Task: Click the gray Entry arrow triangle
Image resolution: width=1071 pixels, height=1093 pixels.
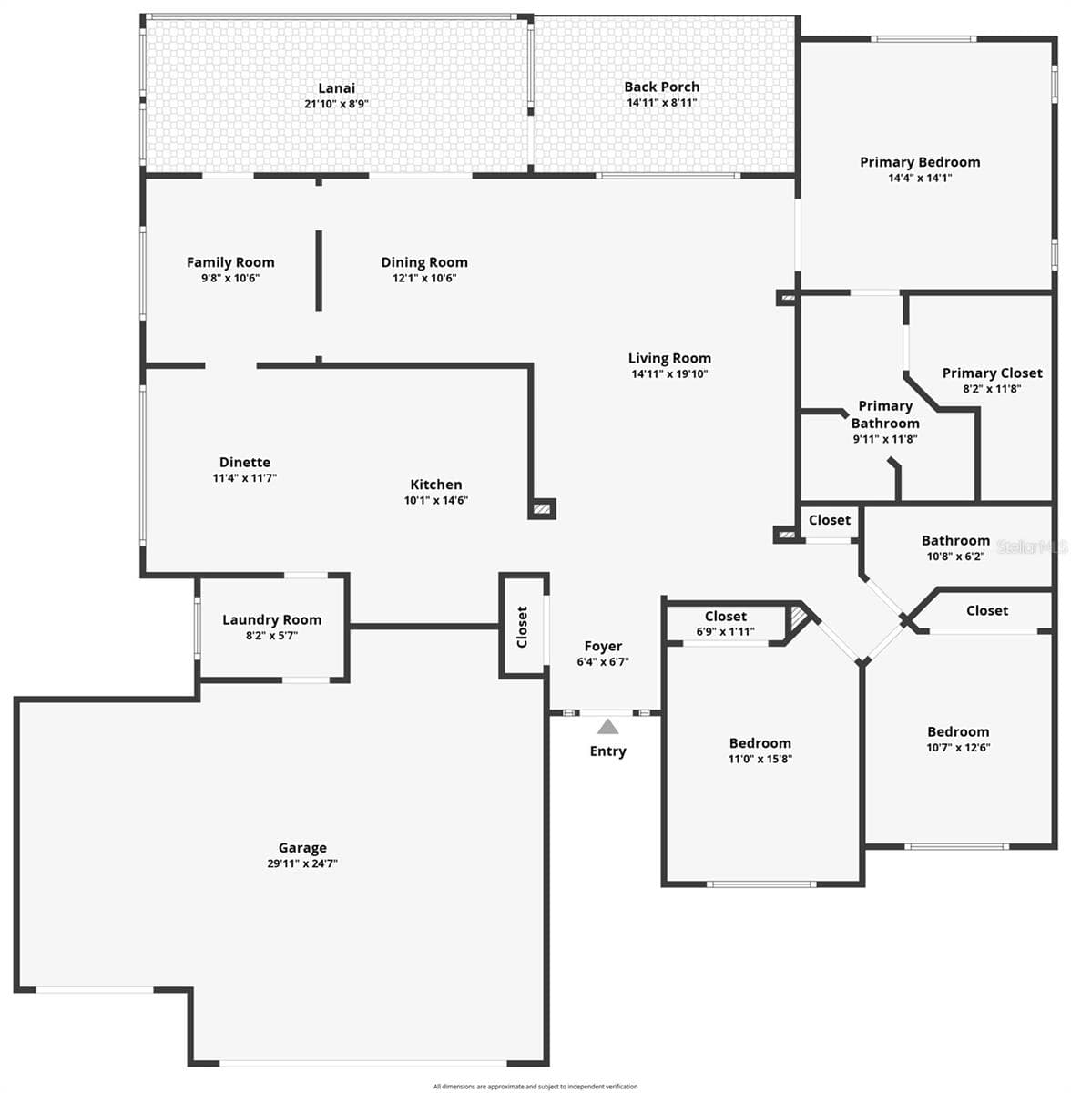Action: [607, 727]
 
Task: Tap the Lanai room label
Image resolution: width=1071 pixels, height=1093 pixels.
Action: [336, 88]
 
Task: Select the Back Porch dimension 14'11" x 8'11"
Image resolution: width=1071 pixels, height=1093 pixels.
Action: [661, 103]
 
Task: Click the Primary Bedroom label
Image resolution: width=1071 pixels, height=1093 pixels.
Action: [920, 162]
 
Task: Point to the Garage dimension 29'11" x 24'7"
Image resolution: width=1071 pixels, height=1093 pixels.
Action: [302, 863]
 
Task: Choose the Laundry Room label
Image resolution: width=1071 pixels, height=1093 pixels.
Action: [271, 620]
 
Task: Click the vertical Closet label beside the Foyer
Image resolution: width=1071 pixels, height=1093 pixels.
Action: [522, 627]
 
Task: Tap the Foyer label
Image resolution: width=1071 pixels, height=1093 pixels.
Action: [603, 646]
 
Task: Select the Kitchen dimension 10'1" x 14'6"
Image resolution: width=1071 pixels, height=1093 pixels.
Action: [435, 500]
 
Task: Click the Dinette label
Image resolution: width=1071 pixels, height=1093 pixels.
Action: [244, 463]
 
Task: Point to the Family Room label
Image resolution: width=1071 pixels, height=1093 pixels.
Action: [230, 262]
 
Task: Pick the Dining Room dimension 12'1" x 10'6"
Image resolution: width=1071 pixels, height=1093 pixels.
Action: [424, 278]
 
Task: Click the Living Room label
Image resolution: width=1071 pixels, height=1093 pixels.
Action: [669, 359]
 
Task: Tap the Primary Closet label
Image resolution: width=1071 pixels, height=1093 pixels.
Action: [992, 373]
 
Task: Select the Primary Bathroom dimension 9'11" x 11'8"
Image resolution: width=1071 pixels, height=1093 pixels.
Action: [885, 439]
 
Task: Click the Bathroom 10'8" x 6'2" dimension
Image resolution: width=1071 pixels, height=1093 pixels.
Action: [955, 557]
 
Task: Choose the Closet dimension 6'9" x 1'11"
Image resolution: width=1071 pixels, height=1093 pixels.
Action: [726, 632]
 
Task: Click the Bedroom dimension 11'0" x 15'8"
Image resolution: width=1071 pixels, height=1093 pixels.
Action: [760, 759]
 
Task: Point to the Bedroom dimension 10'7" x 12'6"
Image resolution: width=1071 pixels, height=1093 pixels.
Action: [958, 748]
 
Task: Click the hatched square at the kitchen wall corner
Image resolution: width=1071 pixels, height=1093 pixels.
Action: [542, 509]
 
